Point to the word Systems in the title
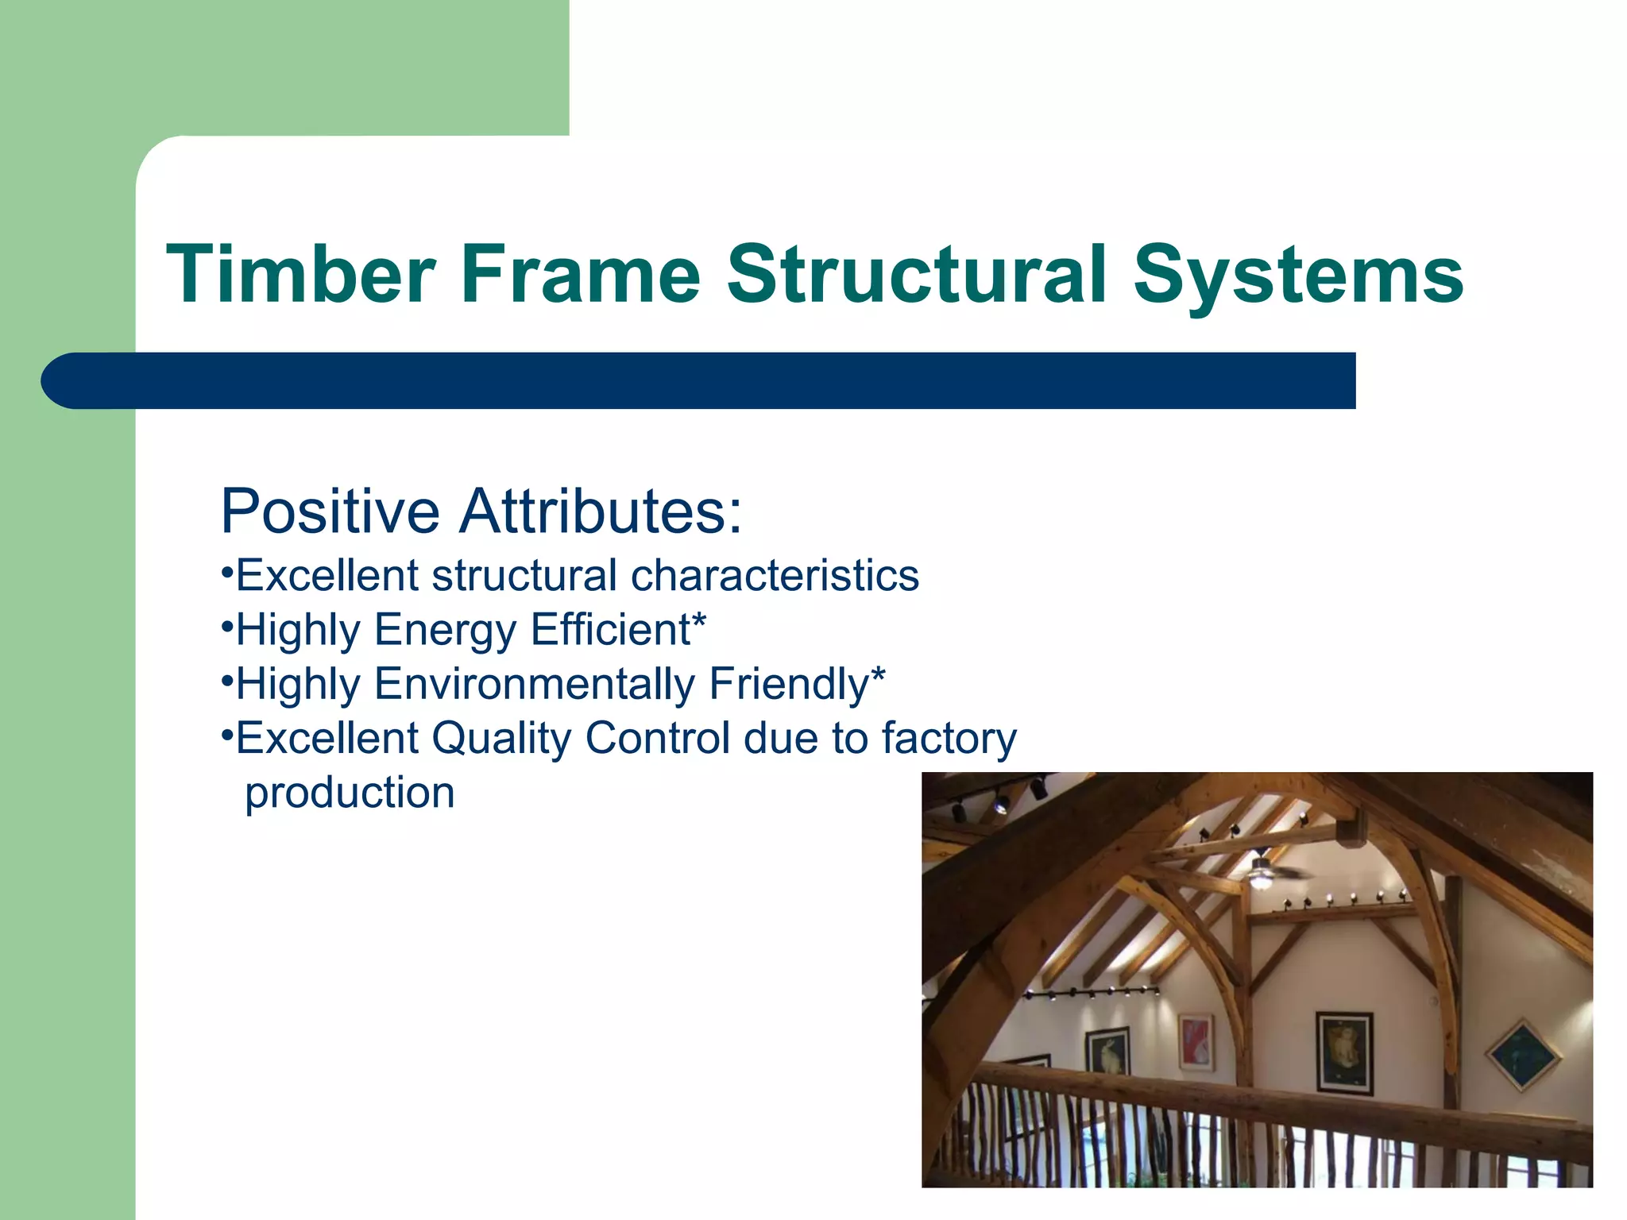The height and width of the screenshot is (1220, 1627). [x=1298, y=274]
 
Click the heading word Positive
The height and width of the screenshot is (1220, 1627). [x=330, y=511]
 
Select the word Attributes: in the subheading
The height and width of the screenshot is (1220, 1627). [x=601, y=511]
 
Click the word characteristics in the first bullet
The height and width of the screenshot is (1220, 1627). [x=775, y=575]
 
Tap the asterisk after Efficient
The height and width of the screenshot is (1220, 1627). [x=699, y=620]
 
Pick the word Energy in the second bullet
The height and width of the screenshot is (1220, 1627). [x=446, y=630]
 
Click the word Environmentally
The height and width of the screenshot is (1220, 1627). [x=535, y=684]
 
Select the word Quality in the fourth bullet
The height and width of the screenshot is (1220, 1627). [x=501, y=738]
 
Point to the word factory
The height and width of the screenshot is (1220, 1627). [x=949, y=738]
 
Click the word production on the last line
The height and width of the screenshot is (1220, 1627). [x=350, y=793]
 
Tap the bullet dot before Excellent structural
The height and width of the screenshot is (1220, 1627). [x=226, y=571]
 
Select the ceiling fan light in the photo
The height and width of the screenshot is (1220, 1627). [x=1260, y=878]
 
